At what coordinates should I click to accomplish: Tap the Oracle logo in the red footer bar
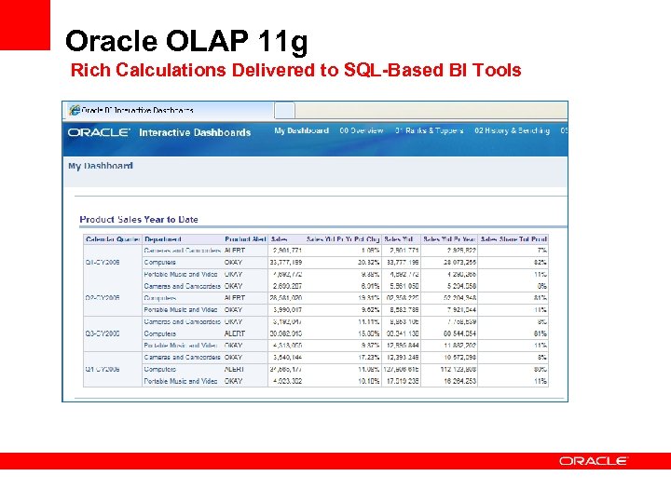coord(594,460)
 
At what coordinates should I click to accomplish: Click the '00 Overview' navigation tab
coord(362,131)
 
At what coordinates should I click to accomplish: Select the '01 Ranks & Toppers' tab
coord(429,131)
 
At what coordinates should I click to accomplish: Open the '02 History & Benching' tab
coord(512,131)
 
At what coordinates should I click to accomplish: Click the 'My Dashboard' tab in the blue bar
coord(301,131)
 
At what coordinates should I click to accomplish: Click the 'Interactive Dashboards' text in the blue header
coord(195,132)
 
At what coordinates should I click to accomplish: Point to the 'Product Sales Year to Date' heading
coord(139,220)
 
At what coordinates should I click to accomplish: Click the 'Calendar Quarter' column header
coord(112,239)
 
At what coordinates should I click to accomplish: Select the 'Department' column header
coord(164,239)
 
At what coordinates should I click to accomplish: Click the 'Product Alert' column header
coord(245,239)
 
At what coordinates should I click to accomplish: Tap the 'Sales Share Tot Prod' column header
coord(514,239)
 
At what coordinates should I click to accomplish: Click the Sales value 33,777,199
coord(284,263)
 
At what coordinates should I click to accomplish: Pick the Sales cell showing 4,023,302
coord(285,381)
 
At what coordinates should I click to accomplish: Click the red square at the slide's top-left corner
coord(24,24)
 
